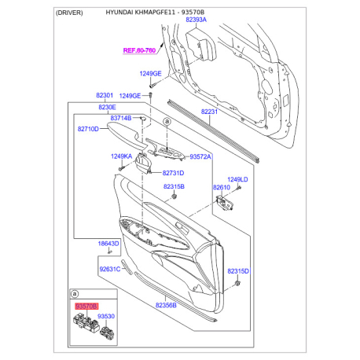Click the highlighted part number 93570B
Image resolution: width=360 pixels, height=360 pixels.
(x=86, y=306)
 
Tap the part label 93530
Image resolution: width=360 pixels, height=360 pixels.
(x=106, y=316)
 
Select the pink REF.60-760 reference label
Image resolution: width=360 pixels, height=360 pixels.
(x=139, y=50)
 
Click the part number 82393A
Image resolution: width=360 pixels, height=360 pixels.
(x=196, y=20)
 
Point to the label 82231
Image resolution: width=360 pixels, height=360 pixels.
(x=209, y=112)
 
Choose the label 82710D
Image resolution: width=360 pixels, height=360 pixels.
(x=88, y=129)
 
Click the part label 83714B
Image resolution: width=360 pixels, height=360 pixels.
(x=121, y=118)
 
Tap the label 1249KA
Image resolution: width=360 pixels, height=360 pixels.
(x=121, y=156)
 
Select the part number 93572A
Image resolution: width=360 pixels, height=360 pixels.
(x=200, y=156)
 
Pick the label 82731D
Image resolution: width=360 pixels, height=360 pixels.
(x=173, y=173)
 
